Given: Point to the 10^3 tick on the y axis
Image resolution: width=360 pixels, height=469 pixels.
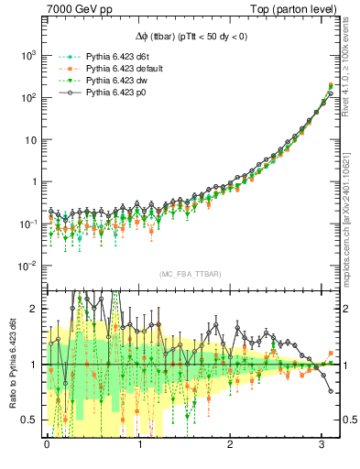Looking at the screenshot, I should [x=28, y=55].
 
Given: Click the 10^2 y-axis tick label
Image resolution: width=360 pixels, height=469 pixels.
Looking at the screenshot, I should [x=28, y=97].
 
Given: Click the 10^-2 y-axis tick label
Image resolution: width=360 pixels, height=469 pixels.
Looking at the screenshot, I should [x=28, y=266].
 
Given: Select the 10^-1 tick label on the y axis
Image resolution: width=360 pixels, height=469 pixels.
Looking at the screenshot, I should [x=28, y=224].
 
